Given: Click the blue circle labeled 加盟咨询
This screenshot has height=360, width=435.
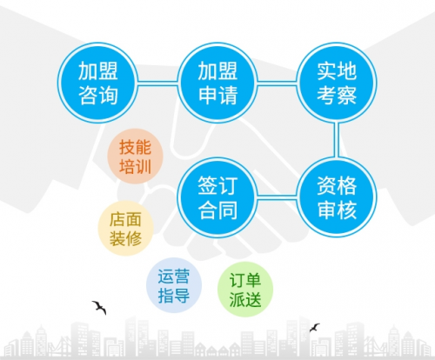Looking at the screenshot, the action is coord(97,83).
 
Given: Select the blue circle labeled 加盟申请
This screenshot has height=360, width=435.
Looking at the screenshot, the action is coord(217,83).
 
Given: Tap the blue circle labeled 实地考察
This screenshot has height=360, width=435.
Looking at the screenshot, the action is coord(337,83).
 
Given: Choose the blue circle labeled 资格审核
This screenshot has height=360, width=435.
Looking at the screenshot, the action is coord(337,197).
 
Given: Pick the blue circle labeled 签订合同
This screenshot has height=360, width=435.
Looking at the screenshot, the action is coord(217,197).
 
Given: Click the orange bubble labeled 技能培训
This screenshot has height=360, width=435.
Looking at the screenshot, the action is coord(135,157).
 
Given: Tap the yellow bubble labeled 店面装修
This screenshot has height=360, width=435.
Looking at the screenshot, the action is coord(125,228).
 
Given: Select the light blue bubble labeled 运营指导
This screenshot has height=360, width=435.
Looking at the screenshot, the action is coord(174,285).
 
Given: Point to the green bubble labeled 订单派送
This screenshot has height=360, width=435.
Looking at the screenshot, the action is coord(245,290).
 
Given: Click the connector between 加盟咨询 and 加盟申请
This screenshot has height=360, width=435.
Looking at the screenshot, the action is coord(157,83).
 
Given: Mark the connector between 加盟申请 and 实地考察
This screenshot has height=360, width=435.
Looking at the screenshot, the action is coord(277,83).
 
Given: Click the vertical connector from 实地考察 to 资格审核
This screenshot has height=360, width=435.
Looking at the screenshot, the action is coord(337,140).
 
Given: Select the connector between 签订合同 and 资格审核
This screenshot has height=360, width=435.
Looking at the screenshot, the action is coord(277,197).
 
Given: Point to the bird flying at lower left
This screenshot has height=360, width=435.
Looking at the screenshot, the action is coord(99,307).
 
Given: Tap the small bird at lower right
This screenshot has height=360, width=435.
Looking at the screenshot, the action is coord(314,328).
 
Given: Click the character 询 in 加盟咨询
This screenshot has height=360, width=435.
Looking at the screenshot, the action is coord(108,95).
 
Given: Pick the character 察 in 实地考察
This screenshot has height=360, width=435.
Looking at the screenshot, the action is coord(346,95).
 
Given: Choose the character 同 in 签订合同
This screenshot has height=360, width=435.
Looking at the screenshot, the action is coord(228,210).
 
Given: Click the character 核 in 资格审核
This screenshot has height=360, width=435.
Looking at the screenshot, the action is coord(346,210).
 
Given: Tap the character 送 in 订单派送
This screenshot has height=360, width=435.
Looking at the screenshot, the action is coord(253,299).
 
